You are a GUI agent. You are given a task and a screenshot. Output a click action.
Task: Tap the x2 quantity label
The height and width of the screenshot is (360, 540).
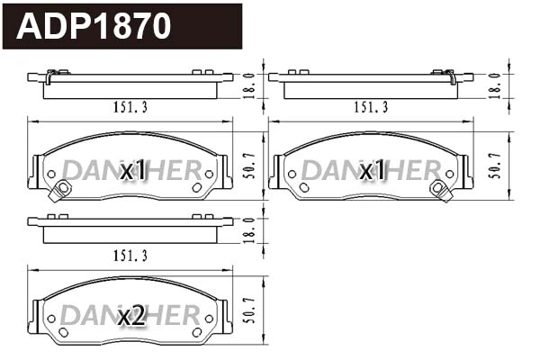(131, 315)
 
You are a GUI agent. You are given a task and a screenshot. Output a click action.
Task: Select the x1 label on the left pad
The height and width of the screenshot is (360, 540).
(132, 170)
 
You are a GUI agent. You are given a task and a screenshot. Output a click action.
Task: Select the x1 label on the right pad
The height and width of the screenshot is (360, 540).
(372, 170)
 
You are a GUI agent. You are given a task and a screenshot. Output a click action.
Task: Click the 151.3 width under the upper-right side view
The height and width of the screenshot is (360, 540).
(370, 107)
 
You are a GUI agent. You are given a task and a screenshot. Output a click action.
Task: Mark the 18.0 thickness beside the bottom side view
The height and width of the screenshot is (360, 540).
(251, 230)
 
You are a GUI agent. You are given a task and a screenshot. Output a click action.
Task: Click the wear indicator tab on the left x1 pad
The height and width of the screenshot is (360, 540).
(62, 189)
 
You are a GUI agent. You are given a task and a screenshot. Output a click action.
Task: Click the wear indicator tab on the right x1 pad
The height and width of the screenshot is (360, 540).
(440, 189)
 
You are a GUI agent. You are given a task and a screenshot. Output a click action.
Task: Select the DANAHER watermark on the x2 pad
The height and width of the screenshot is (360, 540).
(131, 315)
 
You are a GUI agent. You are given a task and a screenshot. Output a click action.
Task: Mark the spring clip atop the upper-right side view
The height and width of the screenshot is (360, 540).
(443, 73)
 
